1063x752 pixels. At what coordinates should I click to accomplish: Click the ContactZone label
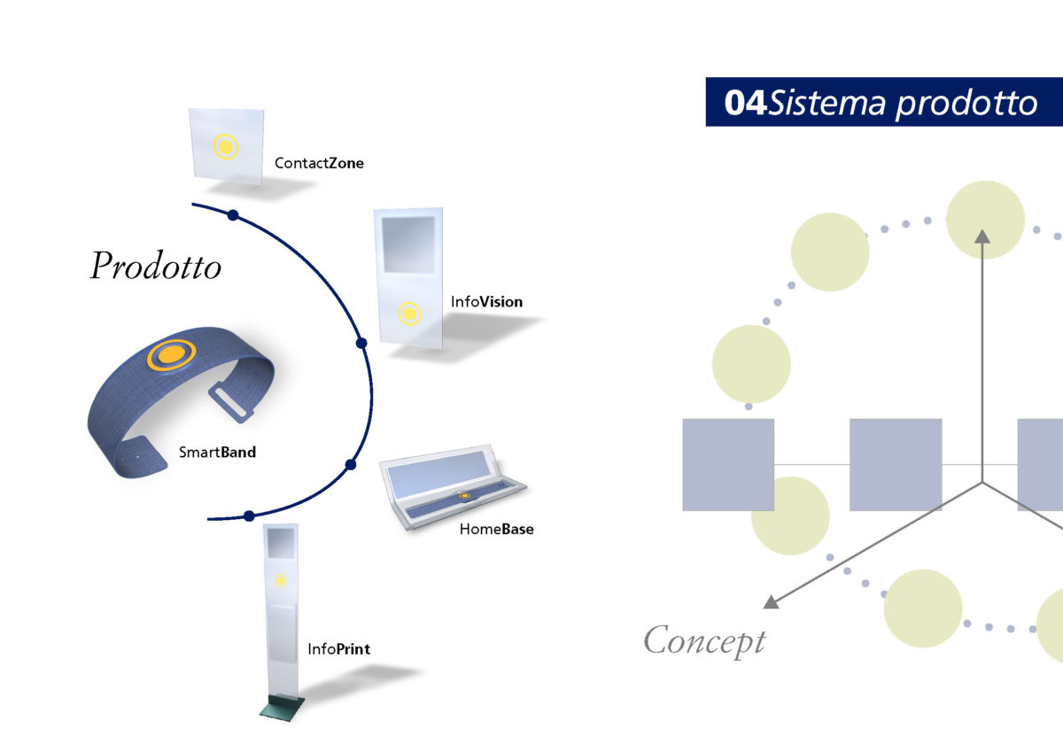click(319, 163)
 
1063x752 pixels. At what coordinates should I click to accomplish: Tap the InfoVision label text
click(486, 302)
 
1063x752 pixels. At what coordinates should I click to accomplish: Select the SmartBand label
click(217, 452)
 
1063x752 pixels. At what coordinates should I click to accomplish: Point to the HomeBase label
click(496, 529)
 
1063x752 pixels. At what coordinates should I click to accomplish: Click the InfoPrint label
click(338, 649)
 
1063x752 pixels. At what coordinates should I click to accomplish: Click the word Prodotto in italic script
click(156, 265)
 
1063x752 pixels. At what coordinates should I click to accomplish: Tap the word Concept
click(704, 640)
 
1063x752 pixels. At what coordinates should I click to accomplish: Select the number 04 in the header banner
click(745, 103)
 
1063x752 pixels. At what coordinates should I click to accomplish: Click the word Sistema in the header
click(826, 103)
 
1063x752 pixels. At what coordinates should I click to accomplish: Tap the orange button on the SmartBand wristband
click(171, 354)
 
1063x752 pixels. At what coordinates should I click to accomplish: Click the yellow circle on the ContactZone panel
click(225, 147)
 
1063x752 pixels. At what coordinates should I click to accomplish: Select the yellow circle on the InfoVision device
click(409, 314)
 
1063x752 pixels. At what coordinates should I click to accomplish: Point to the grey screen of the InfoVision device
click(408, 244)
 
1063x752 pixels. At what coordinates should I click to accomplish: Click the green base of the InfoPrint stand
click(282, 708)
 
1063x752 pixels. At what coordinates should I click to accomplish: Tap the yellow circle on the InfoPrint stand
click(281, 581)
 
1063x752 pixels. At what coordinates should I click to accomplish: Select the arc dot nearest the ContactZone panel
click(233, 215)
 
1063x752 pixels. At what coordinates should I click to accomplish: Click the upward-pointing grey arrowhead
click(982, 236)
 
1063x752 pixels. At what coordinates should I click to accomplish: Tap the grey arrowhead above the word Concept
click(772, 601)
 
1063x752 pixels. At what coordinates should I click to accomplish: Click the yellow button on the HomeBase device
click(465, 496)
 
